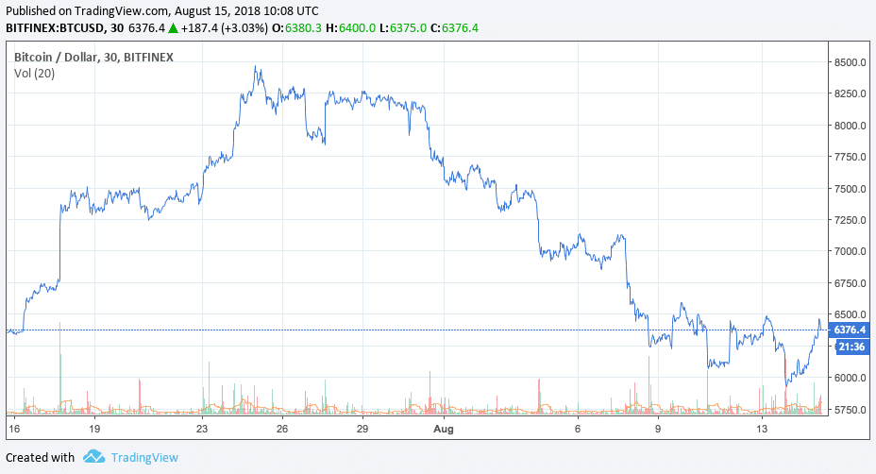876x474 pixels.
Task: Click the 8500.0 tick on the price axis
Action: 850,62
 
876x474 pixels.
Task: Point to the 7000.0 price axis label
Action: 850,251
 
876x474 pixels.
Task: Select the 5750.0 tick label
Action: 850,410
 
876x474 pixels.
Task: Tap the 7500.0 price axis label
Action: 850,189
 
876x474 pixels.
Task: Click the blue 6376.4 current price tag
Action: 850,330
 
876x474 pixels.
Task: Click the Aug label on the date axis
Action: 444,429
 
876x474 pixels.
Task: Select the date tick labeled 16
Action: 14,429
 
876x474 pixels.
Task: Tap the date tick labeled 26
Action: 282,429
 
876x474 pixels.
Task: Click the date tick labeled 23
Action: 202,429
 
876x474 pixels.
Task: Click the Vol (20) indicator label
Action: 34,74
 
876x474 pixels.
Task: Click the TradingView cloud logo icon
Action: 93,457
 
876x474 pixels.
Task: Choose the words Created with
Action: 40,458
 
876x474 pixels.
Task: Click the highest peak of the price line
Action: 256,67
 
